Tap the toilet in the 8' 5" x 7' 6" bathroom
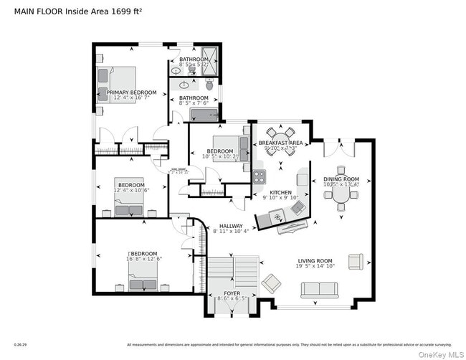209,85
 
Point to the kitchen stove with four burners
259,176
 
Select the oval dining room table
341,193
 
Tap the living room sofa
319,290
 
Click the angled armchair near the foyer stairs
272,283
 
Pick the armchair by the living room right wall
356,260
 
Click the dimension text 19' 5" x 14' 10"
316,266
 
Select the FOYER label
232,293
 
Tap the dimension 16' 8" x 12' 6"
146,259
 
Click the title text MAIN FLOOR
38,11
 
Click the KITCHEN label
280,193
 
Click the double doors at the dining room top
338,148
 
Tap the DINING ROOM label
341,179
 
